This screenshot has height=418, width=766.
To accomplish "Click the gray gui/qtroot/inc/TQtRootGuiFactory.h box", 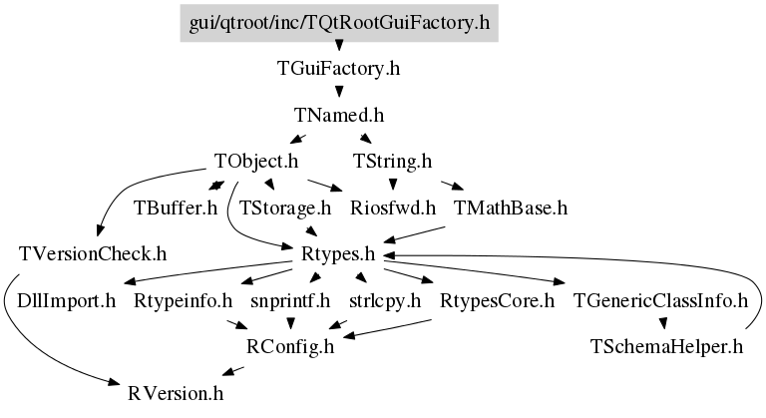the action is (x=339, y=23).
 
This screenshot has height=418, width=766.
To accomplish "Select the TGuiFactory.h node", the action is (x=338, y=69).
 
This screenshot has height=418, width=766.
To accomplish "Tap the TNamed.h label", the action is (x=339, y=116).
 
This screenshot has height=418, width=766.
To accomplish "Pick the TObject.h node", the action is (x=256, y=162).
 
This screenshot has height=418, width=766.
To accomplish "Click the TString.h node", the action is (x=392, y=162).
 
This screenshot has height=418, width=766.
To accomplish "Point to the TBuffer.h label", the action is (x=176, y=209).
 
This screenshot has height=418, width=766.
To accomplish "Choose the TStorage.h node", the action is (x=285, y=209).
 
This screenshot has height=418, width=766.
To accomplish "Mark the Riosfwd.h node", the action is (x=393, y=209).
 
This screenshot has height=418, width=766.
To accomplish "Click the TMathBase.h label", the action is (x=511, y=209).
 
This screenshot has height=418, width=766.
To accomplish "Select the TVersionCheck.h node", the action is (x=93, y=254).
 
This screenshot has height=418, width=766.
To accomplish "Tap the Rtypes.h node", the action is (x=338, y=254).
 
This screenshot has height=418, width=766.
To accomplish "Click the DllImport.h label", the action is (x=67, y=301).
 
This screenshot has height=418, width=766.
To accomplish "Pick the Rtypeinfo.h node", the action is (x=184, y=301).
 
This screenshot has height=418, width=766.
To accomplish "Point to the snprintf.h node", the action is (x=290, y=301).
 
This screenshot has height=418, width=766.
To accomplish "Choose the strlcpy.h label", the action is (x=385, y=301).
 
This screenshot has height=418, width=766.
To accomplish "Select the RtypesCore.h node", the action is (x=498, y=301).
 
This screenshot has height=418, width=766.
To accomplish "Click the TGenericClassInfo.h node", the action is (x=660, y=301).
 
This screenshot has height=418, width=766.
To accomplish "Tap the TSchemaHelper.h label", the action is (x=666, y=347).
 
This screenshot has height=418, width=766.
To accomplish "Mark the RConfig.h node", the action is (x=290, y=347).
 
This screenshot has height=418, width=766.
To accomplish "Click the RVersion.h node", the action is (x=176, y=393).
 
